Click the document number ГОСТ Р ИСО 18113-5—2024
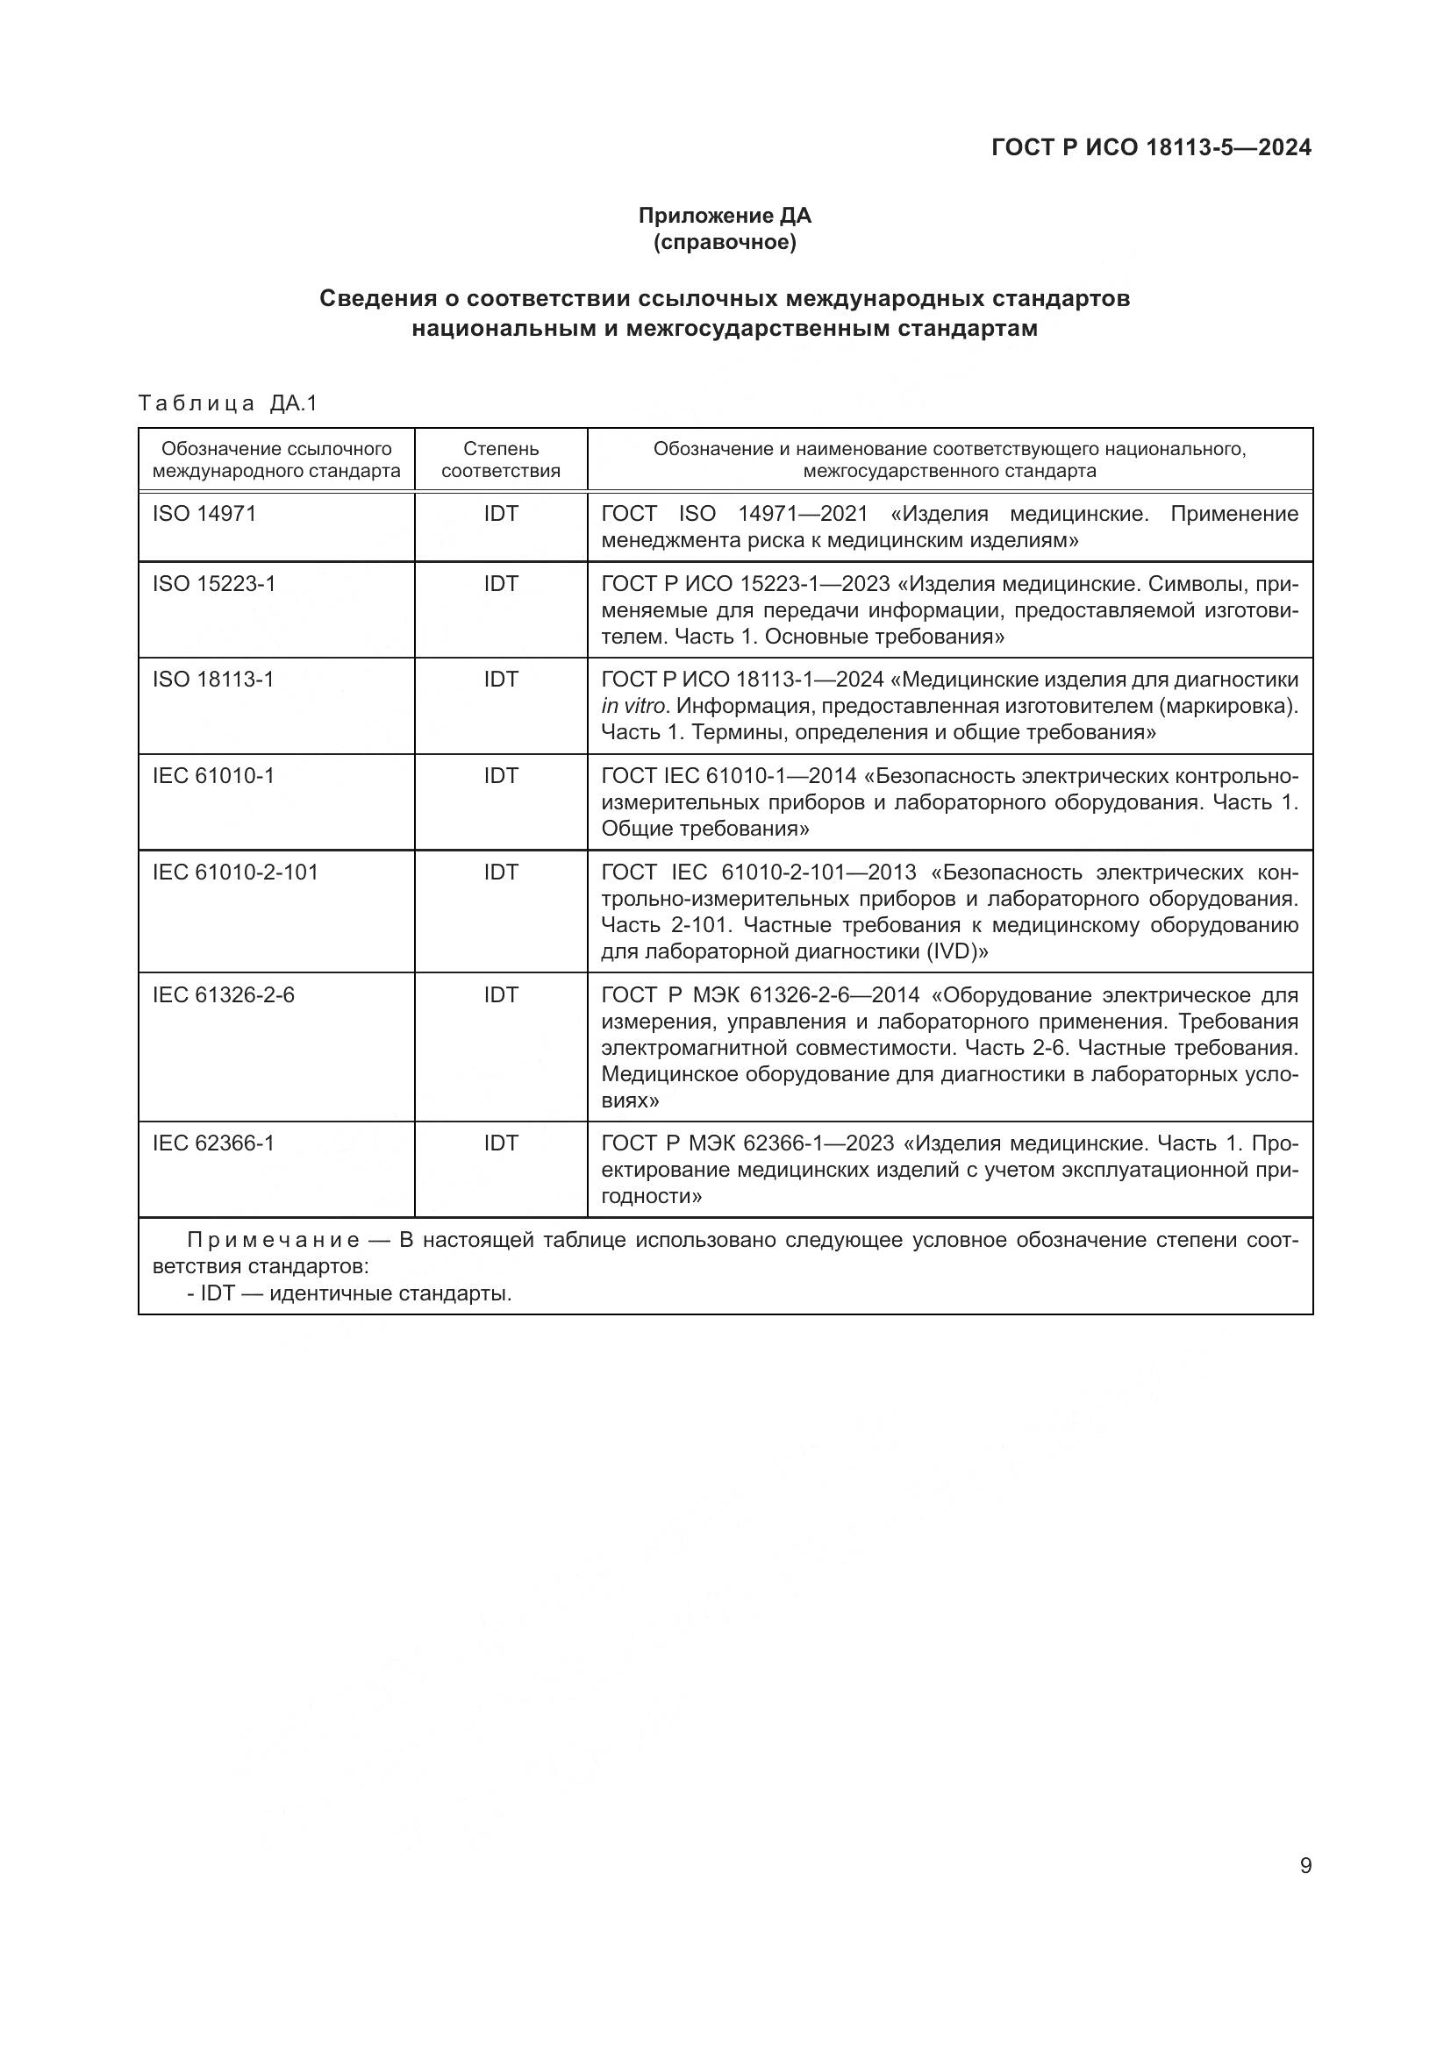(x=1151, y=147)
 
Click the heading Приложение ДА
(x=724, y=216)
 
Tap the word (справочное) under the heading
(x=724, y=242)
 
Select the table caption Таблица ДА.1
(x=228, y=403)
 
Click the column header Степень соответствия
(x=500, y=459)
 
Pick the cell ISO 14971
(x=204, y=514)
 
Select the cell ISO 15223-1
(x=214, y=583)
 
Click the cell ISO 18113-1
(x=213, y=680)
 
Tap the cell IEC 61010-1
(x=213, y=775)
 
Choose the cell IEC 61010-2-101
(x=236, y=872)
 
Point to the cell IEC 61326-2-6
(x=224, y=995)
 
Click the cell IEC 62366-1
(x=213, y=1143)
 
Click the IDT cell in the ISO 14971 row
(x=500, y=514)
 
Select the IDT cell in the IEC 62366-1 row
(x=500, y=1143)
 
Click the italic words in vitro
(x=633, y=707)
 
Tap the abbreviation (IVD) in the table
(x=956, y=951)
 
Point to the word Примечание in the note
(x=273, y=1241)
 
